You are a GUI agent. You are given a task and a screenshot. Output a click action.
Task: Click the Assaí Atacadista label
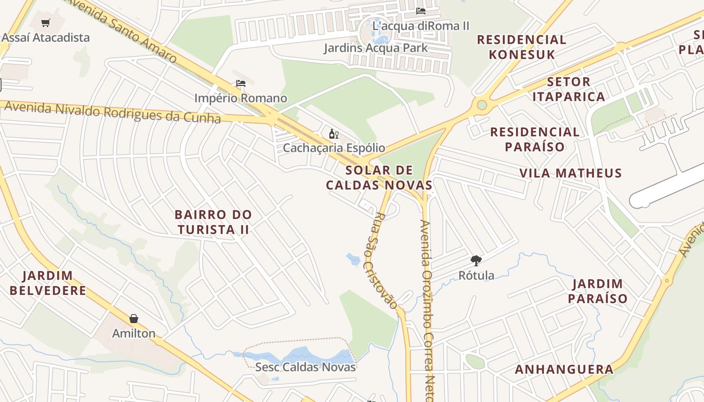click(x=46, y=38)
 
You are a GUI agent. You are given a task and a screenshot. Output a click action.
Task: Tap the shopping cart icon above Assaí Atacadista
click(x=46, y=23)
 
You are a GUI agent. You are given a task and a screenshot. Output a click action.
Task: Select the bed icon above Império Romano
click(x=241, y=83)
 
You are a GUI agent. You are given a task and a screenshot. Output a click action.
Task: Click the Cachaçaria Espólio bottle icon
click(x=333, y=134)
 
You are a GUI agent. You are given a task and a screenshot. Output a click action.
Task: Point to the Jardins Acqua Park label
click(x=376, y=48)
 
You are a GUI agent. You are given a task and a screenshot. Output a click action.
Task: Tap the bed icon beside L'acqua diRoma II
click(x=421, y=11)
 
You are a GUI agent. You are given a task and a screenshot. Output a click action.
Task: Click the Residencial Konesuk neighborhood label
click(x=521, y=47)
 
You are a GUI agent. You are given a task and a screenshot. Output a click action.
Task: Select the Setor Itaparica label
click(x=569, y=89)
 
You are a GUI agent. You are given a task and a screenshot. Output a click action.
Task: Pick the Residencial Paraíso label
click(x=535, y=139)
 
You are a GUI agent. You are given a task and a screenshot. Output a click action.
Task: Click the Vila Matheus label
click(x=571, y=173)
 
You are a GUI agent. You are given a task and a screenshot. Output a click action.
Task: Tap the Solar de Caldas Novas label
click(x=379, y=177)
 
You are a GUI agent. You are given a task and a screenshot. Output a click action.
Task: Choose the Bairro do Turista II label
click(x=213, y=222)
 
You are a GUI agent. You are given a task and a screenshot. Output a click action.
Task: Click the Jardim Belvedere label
click(x=48, y=283)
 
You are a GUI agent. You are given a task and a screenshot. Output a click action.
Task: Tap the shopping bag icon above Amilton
click(x=134, y=319)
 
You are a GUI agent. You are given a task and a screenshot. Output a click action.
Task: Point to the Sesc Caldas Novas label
click(x=306, y=367)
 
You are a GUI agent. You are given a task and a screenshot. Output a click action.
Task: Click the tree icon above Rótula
click(x=476, y=260)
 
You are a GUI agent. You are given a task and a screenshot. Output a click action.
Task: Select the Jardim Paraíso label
click(x=598, y=291)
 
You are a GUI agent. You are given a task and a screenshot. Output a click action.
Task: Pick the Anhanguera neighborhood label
click(x=564, y=370)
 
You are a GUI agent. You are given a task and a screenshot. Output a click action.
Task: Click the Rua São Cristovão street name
click(x=386, y=260)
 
